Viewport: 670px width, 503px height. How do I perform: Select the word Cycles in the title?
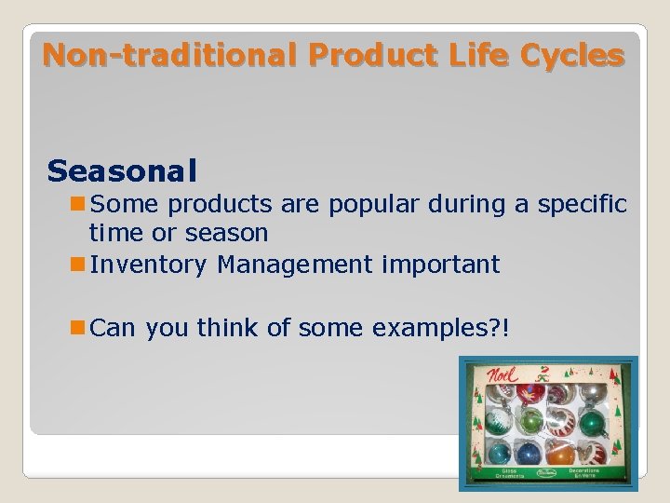tap(572, 55)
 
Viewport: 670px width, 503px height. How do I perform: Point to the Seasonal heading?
tap(122, 170)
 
